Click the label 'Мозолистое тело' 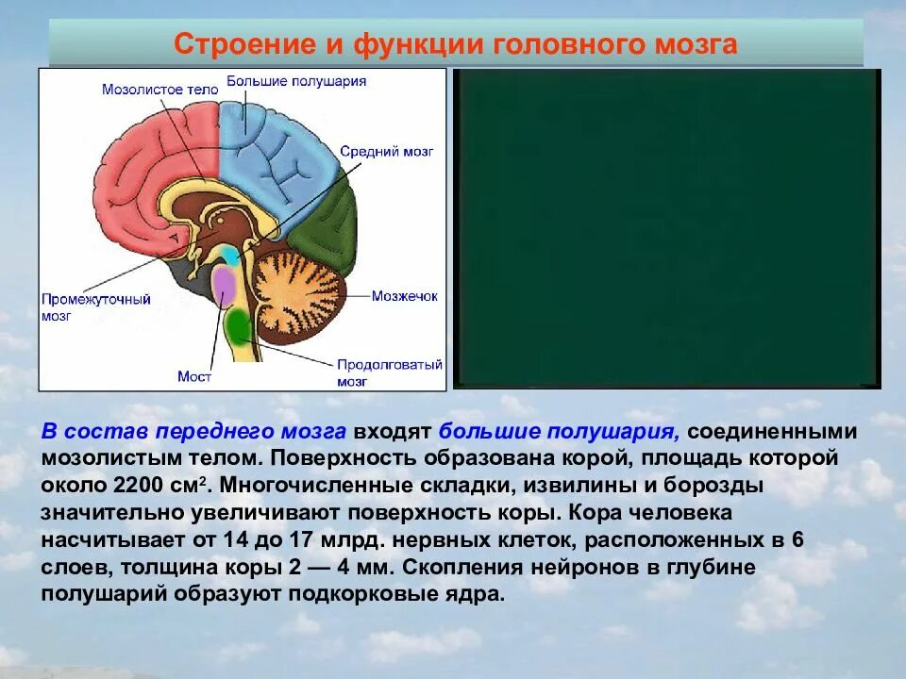[159, 89]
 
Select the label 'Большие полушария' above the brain [296, 81]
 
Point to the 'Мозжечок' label [404, 295]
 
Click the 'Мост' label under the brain [194, 376]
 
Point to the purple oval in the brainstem [224, 284]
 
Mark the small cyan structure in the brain [230, 254]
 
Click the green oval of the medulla [239, 326]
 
